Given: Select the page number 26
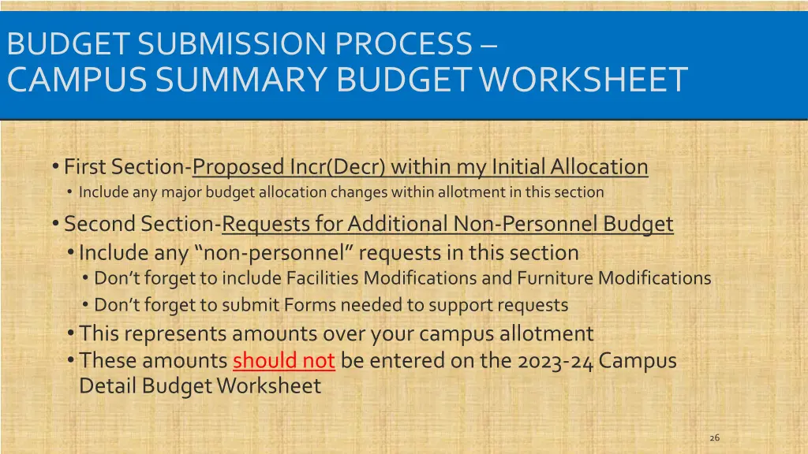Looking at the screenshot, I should tap(715, 437).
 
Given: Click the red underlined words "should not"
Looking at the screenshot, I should tap(284, 361).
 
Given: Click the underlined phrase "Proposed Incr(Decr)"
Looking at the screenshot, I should tap(290, 167).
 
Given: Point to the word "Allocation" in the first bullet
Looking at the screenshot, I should tap(599, 167).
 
